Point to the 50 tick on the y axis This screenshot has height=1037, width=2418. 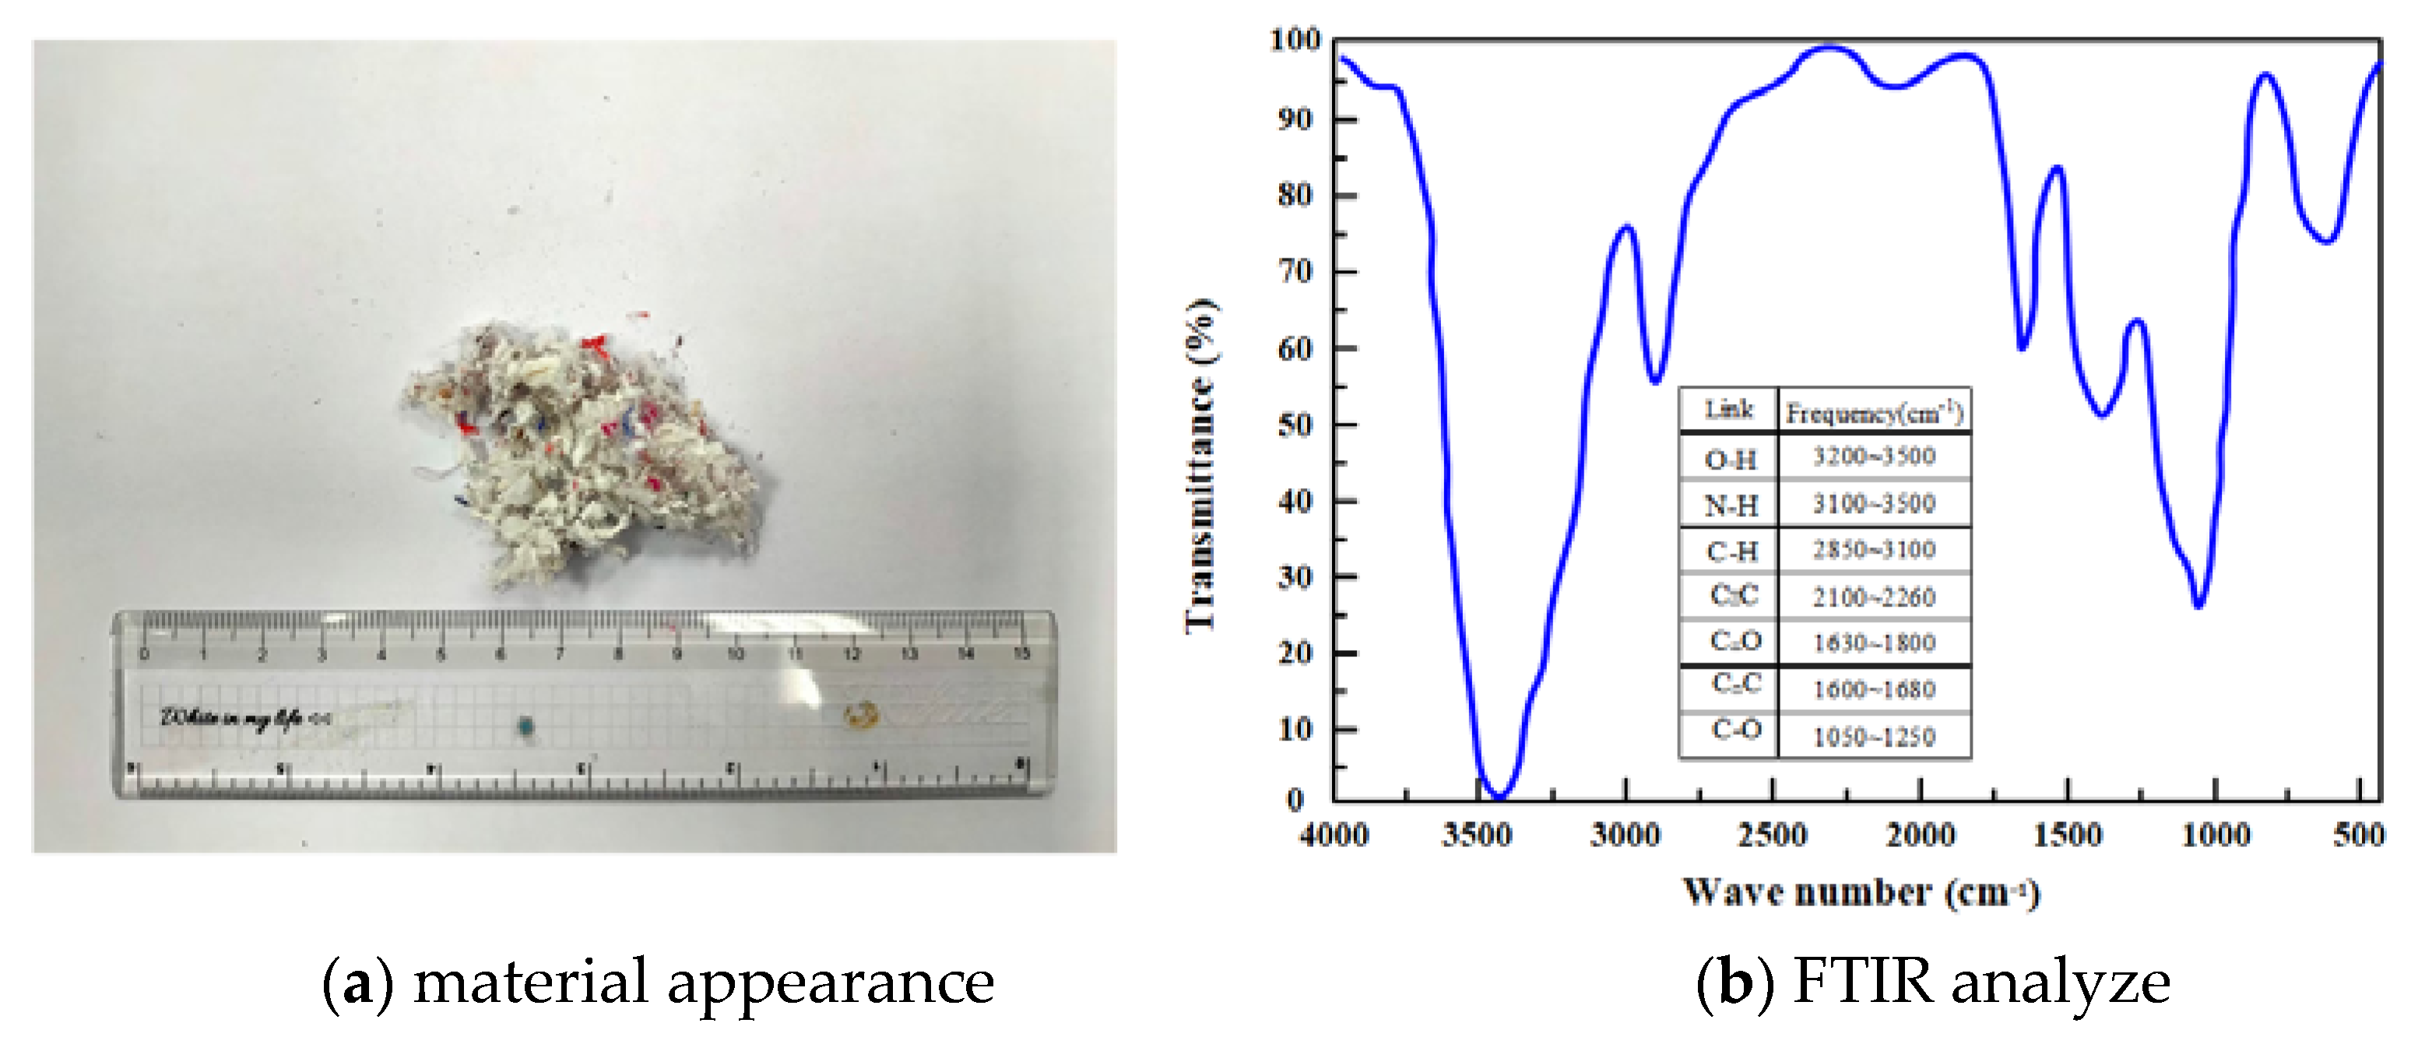click(1295, 424)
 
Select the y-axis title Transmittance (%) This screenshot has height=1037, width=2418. click(1200, 466)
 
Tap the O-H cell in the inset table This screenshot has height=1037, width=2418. click(1730, 459)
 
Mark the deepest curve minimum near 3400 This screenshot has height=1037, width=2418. click(1499, 796)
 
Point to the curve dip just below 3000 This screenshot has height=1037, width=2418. click(1656, 380)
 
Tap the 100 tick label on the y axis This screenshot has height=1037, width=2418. click(1295, 40)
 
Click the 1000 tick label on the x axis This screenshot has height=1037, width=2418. click(2216, 835)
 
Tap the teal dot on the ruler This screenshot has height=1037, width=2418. click(525, 726)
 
